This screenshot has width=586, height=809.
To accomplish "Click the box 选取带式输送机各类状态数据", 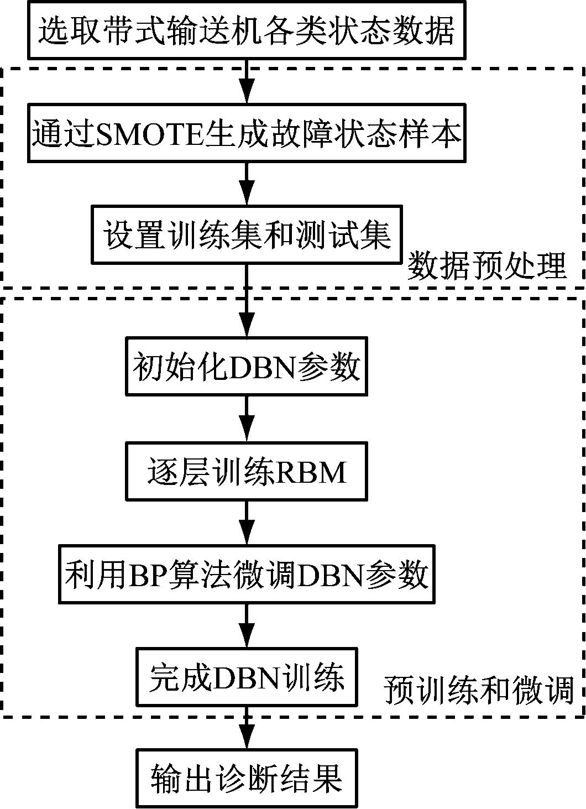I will [x=246, y=30].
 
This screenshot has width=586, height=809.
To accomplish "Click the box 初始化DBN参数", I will [x=247, y=366].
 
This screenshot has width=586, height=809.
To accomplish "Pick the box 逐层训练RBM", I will [x=247, y=471].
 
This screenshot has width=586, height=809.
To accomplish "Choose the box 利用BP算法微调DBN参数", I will [x=247, y=575].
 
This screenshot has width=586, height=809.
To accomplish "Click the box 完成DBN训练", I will [x=247, y=677].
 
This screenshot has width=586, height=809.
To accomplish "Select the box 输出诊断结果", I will [x=247, y=778].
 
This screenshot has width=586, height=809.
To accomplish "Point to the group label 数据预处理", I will [x=486, y=267].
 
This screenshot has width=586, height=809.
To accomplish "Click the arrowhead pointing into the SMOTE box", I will [x=247, y=94].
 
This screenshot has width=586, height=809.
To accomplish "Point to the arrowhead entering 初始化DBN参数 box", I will [x=247, y=326].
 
